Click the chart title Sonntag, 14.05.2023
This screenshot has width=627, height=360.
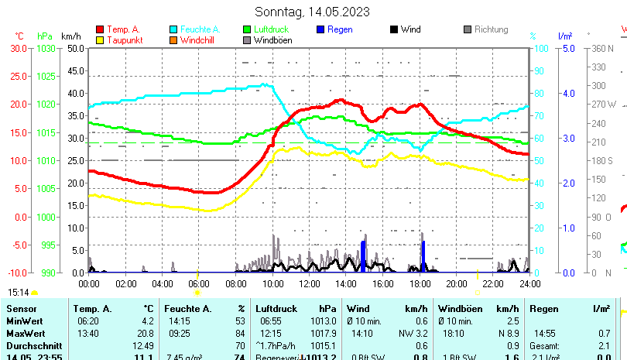[312, 12]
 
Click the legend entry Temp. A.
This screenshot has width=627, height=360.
[124, 29]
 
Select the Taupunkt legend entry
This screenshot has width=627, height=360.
[124, 40]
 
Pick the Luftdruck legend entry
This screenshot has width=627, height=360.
[274, 29]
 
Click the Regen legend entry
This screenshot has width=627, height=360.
[340, 29]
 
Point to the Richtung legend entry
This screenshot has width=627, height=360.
[491, 29]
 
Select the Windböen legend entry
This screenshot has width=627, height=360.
[272, 40]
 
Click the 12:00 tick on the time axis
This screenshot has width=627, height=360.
[310, 284]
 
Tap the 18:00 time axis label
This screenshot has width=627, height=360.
[420, 284]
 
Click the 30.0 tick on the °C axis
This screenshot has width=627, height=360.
[19, 48]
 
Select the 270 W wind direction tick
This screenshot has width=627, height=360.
[605, 105]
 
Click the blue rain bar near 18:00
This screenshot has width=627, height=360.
[423, 257]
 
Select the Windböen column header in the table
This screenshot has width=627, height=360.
[458, 309]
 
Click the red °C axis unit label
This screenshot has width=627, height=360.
[19, 36]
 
